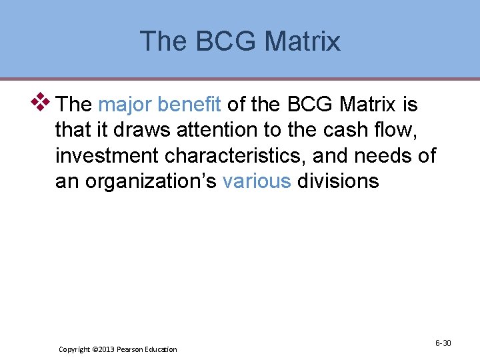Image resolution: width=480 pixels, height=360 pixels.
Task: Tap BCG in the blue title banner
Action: click(x=223, y=41)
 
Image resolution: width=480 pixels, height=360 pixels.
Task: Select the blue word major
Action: click(x=125, y=105)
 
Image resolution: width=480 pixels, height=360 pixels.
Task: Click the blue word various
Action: click(x=257, y=181)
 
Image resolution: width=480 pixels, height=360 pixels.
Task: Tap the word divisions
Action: click(x=338, y=181)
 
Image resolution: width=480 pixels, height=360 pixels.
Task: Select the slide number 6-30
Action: click(x=443, y=343)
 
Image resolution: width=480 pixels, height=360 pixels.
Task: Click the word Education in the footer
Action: click(x=162, y=349)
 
